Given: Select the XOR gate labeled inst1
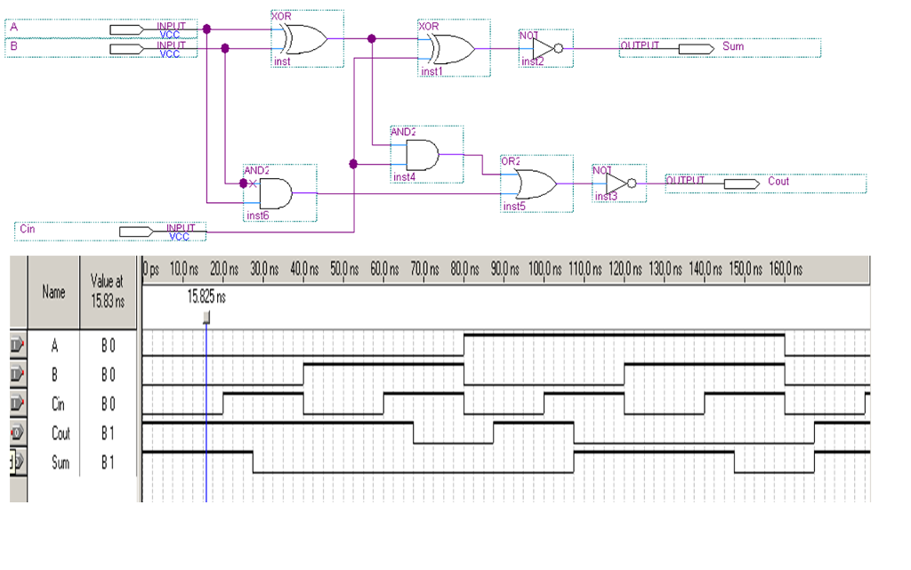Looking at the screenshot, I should [451, 49].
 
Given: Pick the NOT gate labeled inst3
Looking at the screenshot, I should [617, 183].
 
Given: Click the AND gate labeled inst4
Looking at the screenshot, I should [422, 155].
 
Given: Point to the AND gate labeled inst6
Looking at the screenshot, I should [275, 192].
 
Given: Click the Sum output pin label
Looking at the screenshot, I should [733, 46].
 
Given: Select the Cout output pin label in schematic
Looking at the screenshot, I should [778, 182].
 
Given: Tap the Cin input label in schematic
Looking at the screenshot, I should [28, 230].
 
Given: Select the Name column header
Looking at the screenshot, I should [54, 291].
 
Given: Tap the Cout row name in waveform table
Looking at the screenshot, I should [60, 434].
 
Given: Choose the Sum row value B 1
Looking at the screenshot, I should [108, 463].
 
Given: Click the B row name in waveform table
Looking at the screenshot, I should [54, 374].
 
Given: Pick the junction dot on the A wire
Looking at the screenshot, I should [206, 29].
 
